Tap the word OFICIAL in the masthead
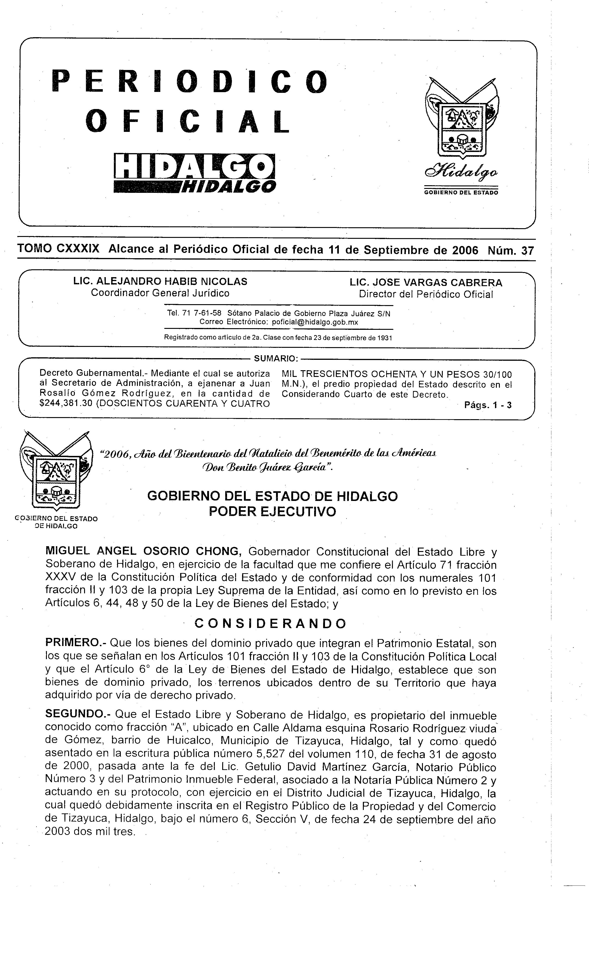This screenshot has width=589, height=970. click(x=188, y=121)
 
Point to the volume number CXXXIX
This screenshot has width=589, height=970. click(x=78, y=249)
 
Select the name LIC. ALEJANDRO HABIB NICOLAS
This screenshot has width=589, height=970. click(x=160, y=282)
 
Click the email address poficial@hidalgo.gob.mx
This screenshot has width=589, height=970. click(x=315, y=322)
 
